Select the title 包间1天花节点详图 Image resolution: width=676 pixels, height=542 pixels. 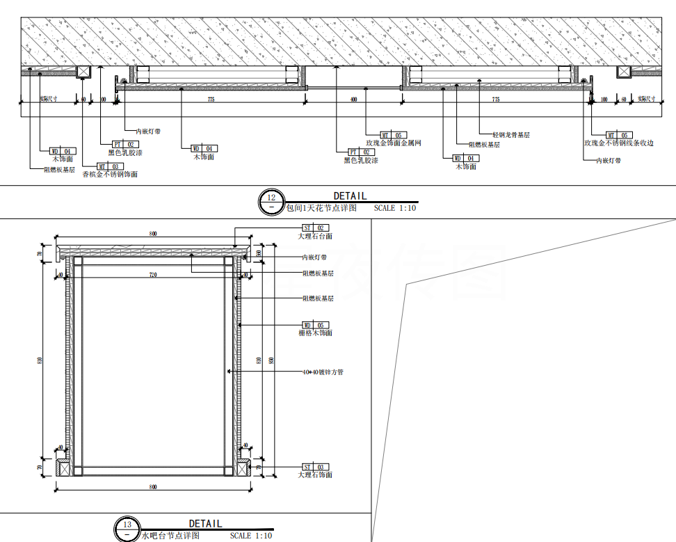321,207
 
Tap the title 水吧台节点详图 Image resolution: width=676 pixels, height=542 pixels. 171,536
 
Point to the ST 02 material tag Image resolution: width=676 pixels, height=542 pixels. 315,228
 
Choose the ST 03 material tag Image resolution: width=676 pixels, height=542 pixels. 315,467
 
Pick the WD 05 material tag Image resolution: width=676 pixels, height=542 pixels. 315,325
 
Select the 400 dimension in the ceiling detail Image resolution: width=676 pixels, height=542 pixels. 353,100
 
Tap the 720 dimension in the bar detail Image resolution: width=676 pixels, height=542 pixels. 153,276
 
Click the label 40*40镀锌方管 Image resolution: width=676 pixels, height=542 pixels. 323,372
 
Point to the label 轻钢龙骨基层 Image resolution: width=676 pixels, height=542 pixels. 511,134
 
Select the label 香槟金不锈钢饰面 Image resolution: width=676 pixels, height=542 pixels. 110,175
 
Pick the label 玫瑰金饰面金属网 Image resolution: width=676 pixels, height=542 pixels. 394,143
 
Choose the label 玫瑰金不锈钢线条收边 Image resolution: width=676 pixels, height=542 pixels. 619,143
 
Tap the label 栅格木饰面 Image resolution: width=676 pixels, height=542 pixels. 315,333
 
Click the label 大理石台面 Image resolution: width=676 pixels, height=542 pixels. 315,236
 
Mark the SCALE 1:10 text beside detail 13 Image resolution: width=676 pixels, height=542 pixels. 251,536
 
